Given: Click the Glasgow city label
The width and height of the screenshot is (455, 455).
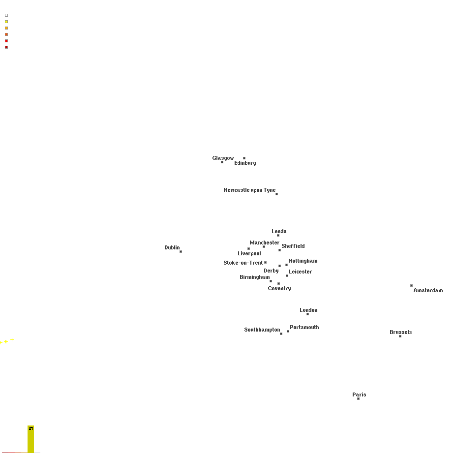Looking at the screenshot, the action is pyautogui.click(x=223, y=158).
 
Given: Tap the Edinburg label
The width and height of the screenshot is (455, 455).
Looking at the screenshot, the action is pyautogui.click(x=245, y=163).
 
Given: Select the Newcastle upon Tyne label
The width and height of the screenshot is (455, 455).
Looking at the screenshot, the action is pyautogui.click(x=249, y=190).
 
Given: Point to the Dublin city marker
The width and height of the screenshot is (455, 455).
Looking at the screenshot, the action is pyautogui.click(x=181, y=251).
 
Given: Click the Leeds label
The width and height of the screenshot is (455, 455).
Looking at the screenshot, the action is pyautogui.click(x=279, y=231).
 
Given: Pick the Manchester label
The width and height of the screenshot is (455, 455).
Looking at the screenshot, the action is pyautogui.click(x=264, y=243).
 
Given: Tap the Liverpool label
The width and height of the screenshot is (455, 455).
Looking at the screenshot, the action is pyautogui.click(x=249, y=253).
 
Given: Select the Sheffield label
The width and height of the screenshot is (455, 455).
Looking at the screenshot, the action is pyautogui.click(x=293, y=246).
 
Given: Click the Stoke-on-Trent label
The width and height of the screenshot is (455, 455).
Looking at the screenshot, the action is pyautogui.click(x=243, y=263).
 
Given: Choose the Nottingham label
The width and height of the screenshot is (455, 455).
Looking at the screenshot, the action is pyautogui.click(x=303, y=261).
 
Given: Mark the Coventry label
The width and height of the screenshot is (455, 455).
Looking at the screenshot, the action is pyautogui.click(x=279, y=288).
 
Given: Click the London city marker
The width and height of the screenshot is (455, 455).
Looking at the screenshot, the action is pyautogui.click(x=307, y=314).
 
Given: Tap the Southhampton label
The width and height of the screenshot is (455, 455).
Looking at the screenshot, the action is pyautogui.click(x=262, y=330).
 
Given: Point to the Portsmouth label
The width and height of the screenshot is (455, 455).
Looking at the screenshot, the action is pyautogui.click(x=304, y=327).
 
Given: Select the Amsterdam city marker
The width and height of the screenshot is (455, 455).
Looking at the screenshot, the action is pyautogui.click(x=412, y=285).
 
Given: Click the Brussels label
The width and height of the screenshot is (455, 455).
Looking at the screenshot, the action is pyautogui.click(x=401, y=332).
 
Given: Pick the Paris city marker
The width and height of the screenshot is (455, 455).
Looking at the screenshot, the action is pyautogui.click(x=359, y=399).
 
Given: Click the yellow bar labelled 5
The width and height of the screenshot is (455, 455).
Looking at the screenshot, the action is pyautogui.click(x=31, y=439).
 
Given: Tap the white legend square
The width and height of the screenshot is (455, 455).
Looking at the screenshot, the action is pyautogui.click(x=6, y=15).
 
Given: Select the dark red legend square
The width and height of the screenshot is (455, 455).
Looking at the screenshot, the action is pyautogui.click(x=6, y=47).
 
